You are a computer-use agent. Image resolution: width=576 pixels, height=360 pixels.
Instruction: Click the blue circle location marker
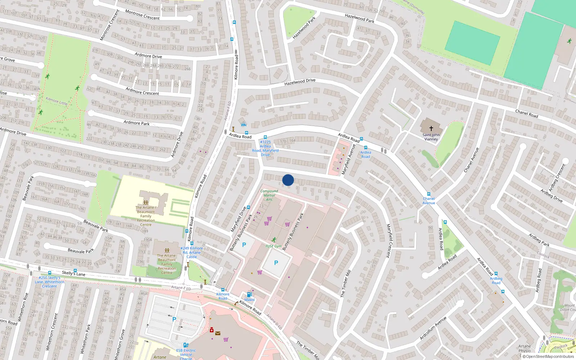[x=288, y=180]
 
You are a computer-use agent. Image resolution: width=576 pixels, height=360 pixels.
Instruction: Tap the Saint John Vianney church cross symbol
[x=431, y=128]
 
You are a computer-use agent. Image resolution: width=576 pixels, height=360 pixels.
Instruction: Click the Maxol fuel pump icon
[x=249, y=294]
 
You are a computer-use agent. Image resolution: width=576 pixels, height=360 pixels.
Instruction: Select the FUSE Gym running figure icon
[x=274, y=240]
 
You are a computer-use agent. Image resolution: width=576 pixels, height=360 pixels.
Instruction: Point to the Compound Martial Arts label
[x=269, y=195]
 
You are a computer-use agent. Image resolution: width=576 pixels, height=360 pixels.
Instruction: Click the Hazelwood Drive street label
[x=300, y=82]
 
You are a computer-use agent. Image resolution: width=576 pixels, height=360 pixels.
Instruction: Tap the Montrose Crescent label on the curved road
[x=142, y=15]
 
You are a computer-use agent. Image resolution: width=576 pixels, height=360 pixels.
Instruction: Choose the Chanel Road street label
[x=526, y=114]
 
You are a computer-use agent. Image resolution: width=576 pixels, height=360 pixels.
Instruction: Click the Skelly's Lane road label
[x=73, y=273]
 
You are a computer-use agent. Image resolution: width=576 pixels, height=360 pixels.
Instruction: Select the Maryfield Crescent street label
[x=388, y=240]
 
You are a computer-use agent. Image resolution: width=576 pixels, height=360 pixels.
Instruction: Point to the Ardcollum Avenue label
[x=433, y=328]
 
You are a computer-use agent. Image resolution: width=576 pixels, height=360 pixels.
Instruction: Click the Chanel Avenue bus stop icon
[x=428, y=194]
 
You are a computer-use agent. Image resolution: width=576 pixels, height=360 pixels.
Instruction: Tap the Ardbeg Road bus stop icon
[x=496, y=274]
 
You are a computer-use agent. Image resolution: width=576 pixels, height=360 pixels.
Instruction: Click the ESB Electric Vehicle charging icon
[x=186, y=345]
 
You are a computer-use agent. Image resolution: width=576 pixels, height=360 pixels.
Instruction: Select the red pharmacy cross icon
[x=212, y=330]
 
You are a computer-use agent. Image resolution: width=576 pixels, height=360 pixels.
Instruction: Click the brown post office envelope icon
[x=218, y=333]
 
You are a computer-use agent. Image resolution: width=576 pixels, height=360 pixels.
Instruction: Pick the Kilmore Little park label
[x=57, y=101]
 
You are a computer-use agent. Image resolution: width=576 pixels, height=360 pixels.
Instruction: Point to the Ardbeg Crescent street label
[x=557, y=177]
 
